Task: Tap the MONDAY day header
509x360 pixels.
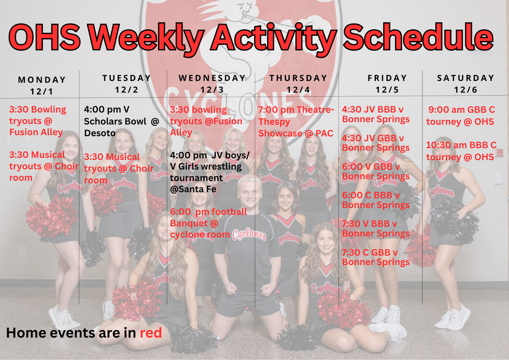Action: pyautogui.click(x=42, y=80)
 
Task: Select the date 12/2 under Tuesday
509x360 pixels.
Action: pyautogui.click(x=126, y=90)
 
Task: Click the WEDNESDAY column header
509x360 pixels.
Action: pyautogui.click(x=212, y=78)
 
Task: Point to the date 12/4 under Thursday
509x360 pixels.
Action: pyautogui.click(x=298, y=90)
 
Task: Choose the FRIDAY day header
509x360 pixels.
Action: pyautogui.click(x=387, y=78)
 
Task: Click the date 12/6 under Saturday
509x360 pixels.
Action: pyautogui.click(x=466, y=90)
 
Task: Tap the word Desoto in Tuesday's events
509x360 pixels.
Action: pyautogui.click(x=99, y=133)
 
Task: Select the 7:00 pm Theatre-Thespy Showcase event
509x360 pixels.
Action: pyautogui.click(x=296, y=121)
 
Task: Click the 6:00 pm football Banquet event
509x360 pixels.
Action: pyautogui.click(x=208, y=223)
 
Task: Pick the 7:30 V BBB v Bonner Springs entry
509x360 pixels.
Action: pyautogui.click(x=376, y=228)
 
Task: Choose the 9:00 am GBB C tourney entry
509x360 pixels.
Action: pyautogui.click(x=461, y=115)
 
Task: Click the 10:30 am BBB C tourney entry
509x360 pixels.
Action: pyautogui.click(x=461, y=151)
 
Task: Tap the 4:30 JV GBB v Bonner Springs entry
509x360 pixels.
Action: pyautogui.click(x=376, y=143)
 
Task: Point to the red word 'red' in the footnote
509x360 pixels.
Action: pyautogui.click(x=151, y=333)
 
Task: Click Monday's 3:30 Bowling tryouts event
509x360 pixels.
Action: pyautogui.click(x=37, y=121)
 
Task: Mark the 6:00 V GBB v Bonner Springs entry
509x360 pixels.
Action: pyautogui.click(x=376, y=171)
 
